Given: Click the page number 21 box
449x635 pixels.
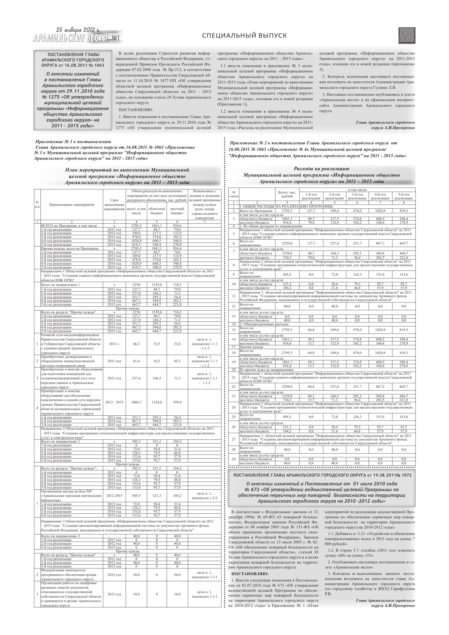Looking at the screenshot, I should (407, 36).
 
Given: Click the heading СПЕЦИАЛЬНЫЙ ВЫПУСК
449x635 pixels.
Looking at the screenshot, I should (244, 36).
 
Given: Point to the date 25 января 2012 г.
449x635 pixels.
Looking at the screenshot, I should (78, 30).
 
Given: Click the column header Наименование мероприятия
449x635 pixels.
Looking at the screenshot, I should (72, 205).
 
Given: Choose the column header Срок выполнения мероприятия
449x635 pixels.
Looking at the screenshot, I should (114, 205).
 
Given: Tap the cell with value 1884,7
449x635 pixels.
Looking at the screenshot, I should (136, 402).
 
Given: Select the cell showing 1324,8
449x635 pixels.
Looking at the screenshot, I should (157, 402).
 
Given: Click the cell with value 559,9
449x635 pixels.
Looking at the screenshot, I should (177, 402).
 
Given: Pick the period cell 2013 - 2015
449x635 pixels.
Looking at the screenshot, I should (114, 402).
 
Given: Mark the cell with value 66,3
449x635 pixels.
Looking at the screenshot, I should (136, 344).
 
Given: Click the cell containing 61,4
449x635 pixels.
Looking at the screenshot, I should (136, 361).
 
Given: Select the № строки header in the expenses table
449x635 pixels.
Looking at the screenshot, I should (234, 194).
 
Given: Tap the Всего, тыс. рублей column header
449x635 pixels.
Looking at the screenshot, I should (287, 194).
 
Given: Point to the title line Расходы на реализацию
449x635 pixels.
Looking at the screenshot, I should (322, 169).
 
